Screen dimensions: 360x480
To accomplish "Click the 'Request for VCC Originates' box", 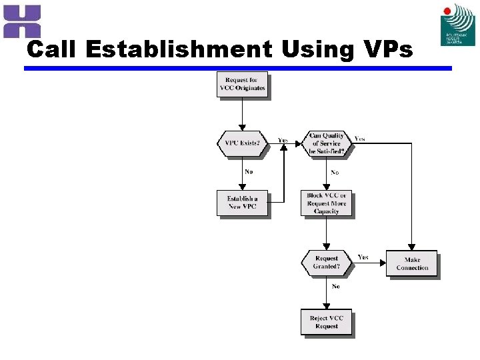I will pos(242,85).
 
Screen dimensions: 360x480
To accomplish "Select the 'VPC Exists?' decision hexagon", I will pos(241,143).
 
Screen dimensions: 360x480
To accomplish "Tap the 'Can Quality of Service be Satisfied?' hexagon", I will pos(326,143).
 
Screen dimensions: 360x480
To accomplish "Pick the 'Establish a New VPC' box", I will pos(242,203).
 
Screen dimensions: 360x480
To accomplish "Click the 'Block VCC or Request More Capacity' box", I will pos(327,204).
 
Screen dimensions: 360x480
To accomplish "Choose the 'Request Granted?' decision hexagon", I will pos(326,262).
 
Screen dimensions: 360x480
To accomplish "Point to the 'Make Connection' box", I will pos(412,263).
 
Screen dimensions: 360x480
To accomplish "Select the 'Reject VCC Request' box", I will pos(327,323).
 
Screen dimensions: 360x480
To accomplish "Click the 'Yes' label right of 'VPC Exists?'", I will pos(283,141).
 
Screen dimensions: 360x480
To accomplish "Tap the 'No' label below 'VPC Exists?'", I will pos(249,172).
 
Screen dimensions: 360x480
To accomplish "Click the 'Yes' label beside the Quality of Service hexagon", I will pos(359,139).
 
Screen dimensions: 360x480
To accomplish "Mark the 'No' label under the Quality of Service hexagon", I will pos(335,173).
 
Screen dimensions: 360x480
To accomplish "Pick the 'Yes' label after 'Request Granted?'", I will pos(363,257).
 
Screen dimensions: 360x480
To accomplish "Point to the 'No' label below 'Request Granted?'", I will pos(335,287).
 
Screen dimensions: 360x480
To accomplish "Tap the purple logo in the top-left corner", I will pos(22,21).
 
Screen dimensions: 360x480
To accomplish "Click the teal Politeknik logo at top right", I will pos(458,25).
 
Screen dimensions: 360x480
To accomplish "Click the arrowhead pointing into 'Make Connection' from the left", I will pos(383,263).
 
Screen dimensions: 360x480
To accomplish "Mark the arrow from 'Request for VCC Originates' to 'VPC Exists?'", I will pos(242,114).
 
